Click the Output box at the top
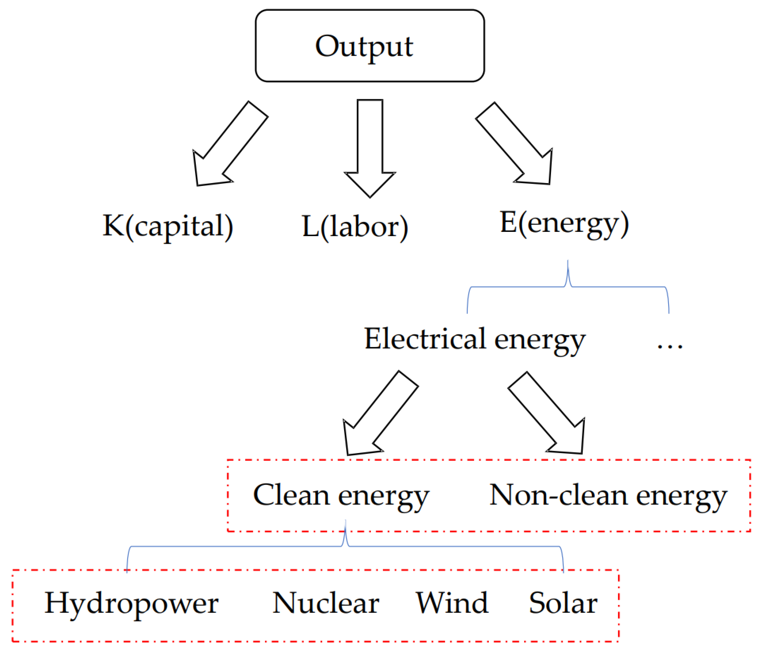tap(370, 46)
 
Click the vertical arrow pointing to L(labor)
tap(370, 146)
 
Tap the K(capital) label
tap(168, 226)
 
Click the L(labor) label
tap(354, 227)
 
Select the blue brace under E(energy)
tap(568, 287)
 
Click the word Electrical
tap(425, 339)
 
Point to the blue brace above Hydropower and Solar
tap(345, 546)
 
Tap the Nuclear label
tap(326, 603)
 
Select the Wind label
tap(452, 603)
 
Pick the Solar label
tap(563, 603)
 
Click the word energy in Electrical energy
tap(540, 341)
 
